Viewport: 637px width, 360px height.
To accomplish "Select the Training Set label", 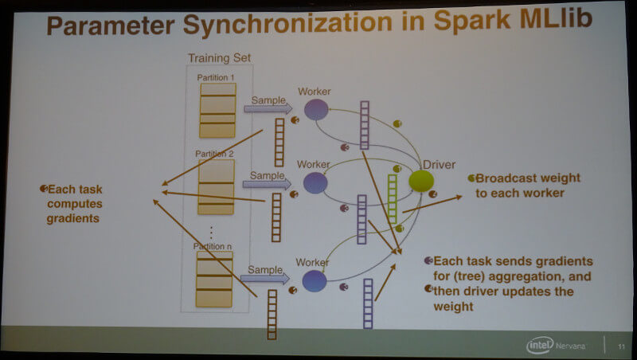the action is pyautogui.click(x=220, y=58).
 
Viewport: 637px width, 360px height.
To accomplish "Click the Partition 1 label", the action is pyautogui.click(x=216, y=77).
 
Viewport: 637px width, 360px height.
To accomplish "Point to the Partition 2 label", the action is pyautogui.click(x=214, y=154).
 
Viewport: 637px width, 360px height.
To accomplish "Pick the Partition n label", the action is pyautogui.click(x=213, y=246).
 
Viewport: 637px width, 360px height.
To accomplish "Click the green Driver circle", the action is pyautogui.click(x=421, y=181).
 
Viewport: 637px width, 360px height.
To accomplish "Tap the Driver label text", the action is pyautogui.click(x=440, y=165).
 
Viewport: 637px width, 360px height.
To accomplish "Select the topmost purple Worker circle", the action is pyautogui.click(x=316, y=109).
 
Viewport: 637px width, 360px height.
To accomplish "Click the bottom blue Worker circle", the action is pyautogui.click(x=315, y=281).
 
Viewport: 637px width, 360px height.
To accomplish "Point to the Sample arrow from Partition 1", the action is pyautogui.click(x=268, y=108).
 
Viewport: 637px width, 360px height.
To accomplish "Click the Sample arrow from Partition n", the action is pyautogui.click(x=265, y=278).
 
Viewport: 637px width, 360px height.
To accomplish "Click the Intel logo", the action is pyautogui.click(x=540, y=346).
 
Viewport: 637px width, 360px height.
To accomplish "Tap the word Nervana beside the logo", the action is pyautogui.click(x=570, y=346).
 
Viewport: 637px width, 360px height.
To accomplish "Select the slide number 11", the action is pyautogui.click(x=621, y=346).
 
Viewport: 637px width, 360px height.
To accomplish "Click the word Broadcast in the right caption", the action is pyautogui.click(x=502, y=178).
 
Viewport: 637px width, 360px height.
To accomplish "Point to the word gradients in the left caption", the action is pyautogui.click(x=72, y=218).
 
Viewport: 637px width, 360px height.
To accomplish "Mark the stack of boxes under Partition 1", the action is pyautogui.click(x=217, y=110).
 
